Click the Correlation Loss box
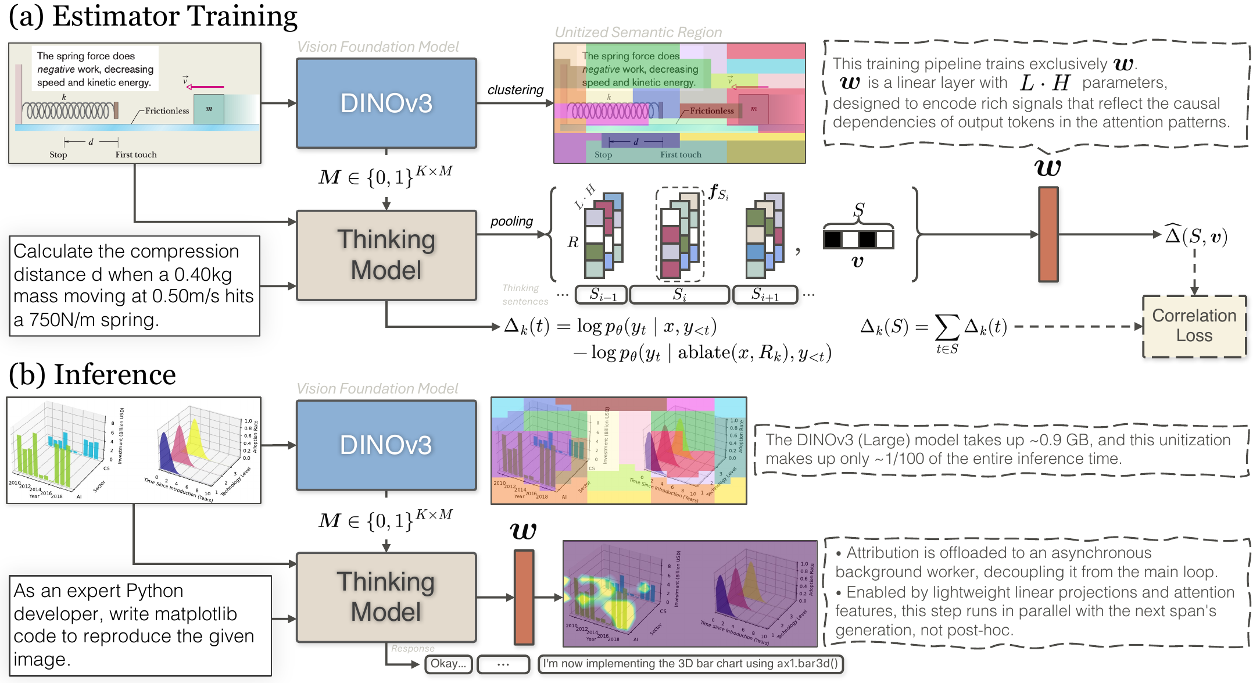click(1194, 326)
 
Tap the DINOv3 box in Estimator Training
click(386, 103)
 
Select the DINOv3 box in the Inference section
click(386, 445)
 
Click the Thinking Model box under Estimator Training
click(386, 255)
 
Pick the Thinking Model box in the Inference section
click(386, 597)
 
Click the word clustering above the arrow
click(516, 90)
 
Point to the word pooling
click(511, 221)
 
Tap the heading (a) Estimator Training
click(153, 16)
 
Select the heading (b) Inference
click(92, 374)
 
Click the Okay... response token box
click(449, 664)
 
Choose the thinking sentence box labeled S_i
click(679, 295)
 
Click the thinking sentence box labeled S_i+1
click(765, 295)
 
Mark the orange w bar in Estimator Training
click(1048, 234)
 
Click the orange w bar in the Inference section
click(524, 598)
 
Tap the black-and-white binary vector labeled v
click(858, 239)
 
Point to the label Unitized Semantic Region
click(638, 33)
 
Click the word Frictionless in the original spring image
click(167, 111)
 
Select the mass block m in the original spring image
click(209, 109)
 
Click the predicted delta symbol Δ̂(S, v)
click(1196, 235)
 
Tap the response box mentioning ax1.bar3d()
click(690, 664)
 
